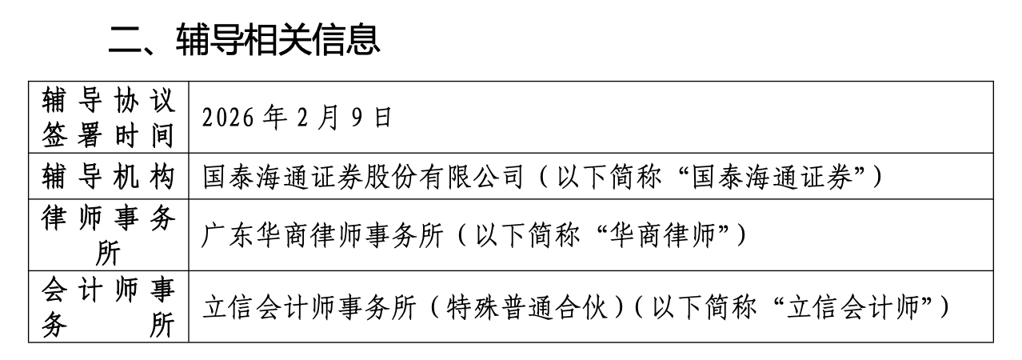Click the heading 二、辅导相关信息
pyautogui.click(x=245, y=40)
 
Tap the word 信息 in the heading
pyautogui.click(x=346, y=40)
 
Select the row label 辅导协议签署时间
pyautogui.click(x=109, y=118)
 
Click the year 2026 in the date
pyautogui.click(x=228, y=118)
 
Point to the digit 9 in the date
pyautogui.click(x=357, y=118)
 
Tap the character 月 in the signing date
pyautogui.click(x=328, y=118)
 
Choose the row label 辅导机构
pyautogui.click(x=109, y=177)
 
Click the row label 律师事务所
pyautogui.click(x=109, y=235)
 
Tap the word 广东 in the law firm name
pyautogui.click(x=228, y=235)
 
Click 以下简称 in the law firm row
pyautogui.click(x=528, y=235)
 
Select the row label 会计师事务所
pyautogui.click(x=109, y=306)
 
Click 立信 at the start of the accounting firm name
pyautogui.click(x=228, y=306)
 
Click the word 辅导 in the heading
pyautogui.click(x=210, y=40)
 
